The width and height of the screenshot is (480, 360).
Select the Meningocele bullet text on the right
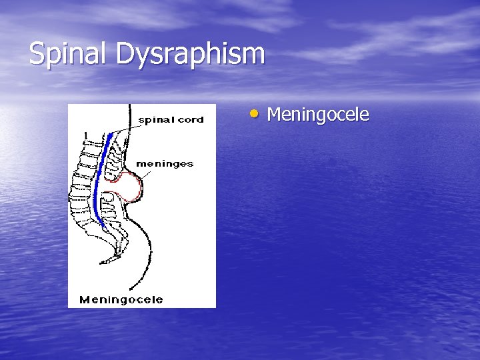click(317, 115)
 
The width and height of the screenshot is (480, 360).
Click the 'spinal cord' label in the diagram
click(171, 120)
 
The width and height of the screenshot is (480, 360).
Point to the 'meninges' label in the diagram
click(165, 164)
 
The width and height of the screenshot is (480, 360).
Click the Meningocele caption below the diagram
click(121, 299)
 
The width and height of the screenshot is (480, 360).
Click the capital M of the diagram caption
click(85, 299)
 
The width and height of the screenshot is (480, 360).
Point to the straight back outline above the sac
click(127, 143)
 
